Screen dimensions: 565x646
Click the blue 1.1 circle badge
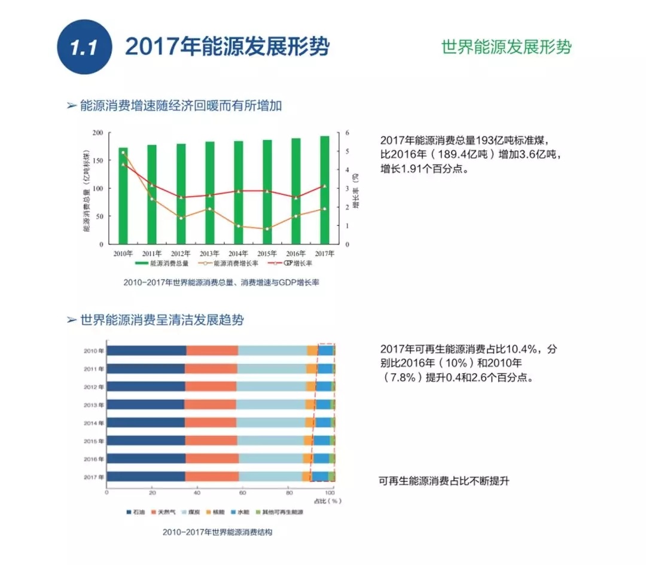(84, 47)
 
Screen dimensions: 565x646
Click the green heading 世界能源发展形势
(506, 47)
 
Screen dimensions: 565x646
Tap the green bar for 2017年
(324, 190)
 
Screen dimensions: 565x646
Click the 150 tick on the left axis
(97, 161)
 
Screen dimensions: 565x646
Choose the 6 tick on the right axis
(347, 133)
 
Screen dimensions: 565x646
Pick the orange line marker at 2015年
(267, 228)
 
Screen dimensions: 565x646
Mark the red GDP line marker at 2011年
(152, 185)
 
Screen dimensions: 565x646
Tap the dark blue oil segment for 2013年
(145, 405)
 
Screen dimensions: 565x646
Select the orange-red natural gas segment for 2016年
(212, 459)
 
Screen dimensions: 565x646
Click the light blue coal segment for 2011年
(272, 369)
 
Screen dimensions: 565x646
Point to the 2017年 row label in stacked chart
(94, 477)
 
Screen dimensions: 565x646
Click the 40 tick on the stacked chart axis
(197, 493)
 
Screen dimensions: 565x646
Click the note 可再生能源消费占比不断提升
(443, 481)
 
